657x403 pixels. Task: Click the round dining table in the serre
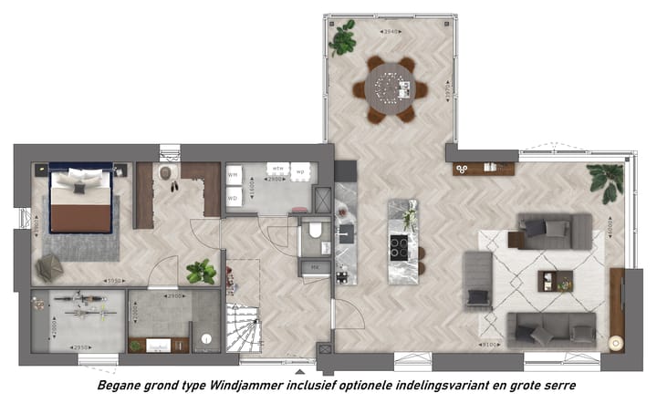point(391,89)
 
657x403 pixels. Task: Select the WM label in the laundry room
point(234,173)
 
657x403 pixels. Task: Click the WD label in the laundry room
point(234,197)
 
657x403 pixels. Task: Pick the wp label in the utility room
point(300,170)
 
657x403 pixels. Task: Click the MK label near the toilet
point(314,266)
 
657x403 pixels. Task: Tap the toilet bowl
point(315,232)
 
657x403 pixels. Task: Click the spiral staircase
point(242,328)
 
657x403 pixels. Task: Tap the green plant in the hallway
point(201,271)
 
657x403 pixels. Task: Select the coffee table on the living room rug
point(554,281)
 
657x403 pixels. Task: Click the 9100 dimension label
point(491,345)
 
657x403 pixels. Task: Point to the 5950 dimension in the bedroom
point(113,281)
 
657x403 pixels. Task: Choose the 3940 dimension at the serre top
point(391,32)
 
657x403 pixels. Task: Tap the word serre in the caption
point(558,386)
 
